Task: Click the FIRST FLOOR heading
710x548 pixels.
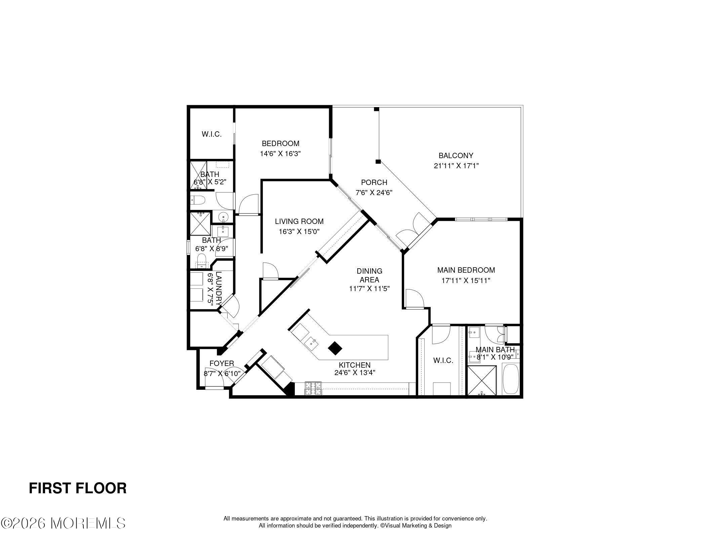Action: pos(78,488)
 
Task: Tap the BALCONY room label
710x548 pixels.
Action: pos(456,155)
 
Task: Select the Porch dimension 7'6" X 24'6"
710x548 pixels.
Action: pos(374,193)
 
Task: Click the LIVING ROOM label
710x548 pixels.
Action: pos(299,221)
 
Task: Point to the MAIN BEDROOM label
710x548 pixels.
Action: pos(466,270)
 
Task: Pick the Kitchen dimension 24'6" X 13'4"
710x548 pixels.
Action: pos(355,372)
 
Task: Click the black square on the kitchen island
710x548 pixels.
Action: pos(335,348)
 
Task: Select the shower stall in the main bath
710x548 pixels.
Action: pos(482,381)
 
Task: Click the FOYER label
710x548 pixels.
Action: pos(222,363)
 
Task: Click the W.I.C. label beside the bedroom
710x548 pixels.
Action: pos(211,134)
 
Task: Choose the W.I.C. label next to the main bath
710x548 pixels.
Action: pos(443,361)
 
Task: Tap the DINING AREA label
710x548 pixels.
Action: pos(369,275)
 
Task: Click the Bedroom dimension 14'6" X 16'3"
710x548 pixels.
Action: pos(280,154)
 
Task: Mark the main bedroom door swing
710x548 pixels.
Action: pos(415,298)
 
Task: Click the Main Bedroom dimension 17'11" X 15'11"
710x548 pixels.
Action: pos(466,280)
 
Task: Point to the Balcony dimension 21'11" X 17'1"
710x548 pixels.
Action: pos(456,166)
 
